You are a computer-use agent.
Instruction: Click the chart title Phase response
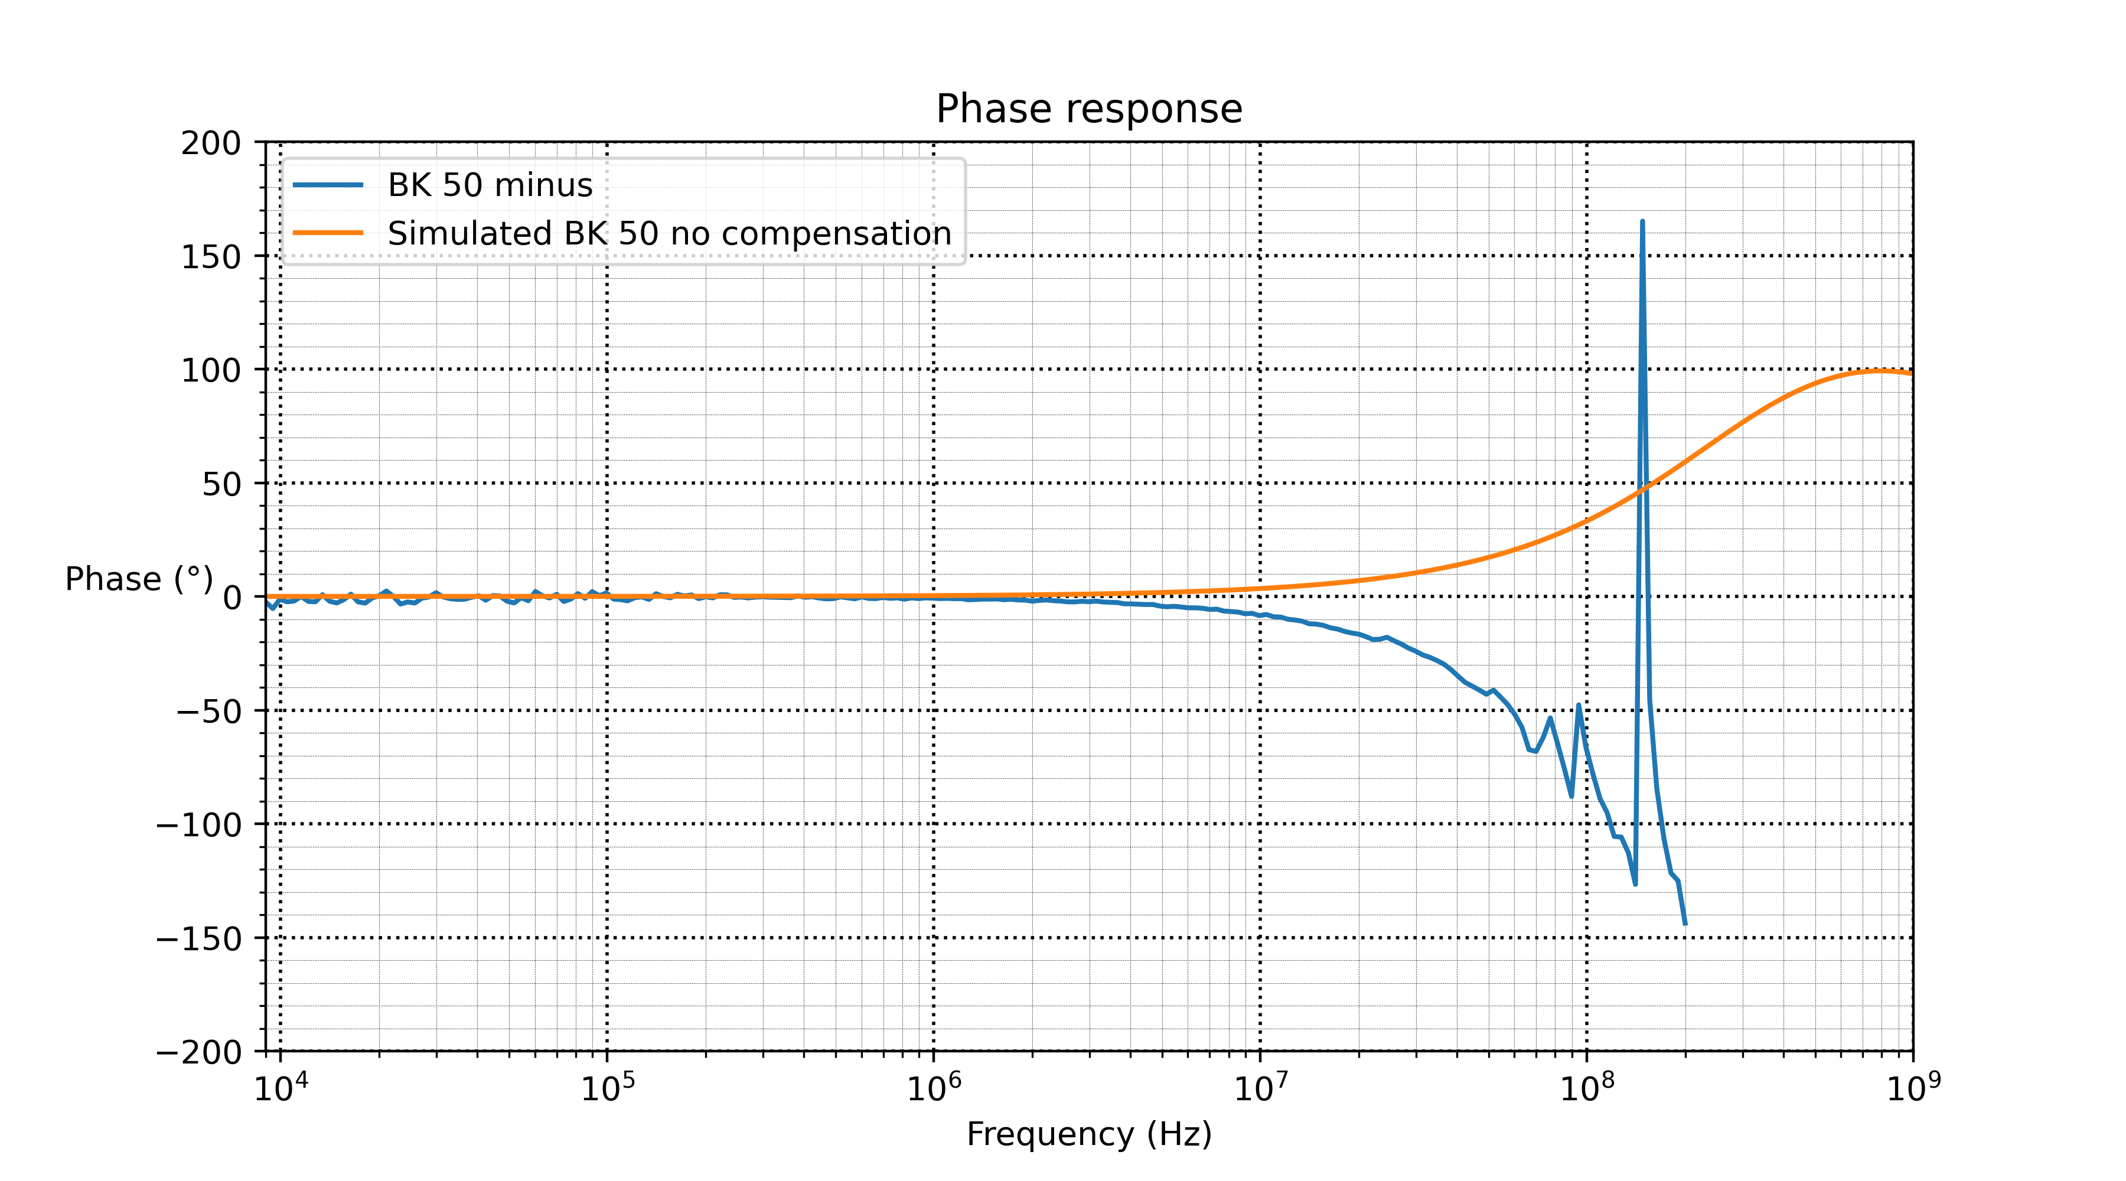pos(1088,109)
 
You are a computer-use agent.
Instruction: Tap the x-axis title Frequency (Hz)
pos(1088,1134)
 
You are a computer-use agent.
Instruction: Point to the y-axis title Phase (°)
pos(139,579)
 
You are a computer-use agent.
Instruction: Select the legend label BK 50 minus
pos(490,185)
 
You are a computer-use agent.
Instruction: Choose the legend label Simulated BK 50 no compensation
pos(669,234)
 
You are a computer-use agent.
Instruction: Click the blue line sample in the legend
pos(328,185)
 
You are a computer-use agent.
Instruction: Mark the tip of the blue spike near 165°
pos(1642,221)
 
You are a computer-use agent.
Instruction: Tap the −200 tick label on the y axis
pos(199,1052)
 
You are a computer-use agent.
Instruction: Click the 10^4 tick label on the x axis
pos(281,1088)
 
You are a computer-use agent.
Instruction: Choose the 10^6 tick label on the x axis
pos(934,1088)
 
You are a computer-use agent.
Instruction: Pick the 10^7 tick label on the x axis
pos(1260,1088)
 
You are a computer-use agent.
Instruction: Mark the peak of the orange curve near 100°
pos(1881,371)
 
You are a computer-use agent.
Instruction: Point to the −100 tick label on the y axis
pos(199,824)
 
